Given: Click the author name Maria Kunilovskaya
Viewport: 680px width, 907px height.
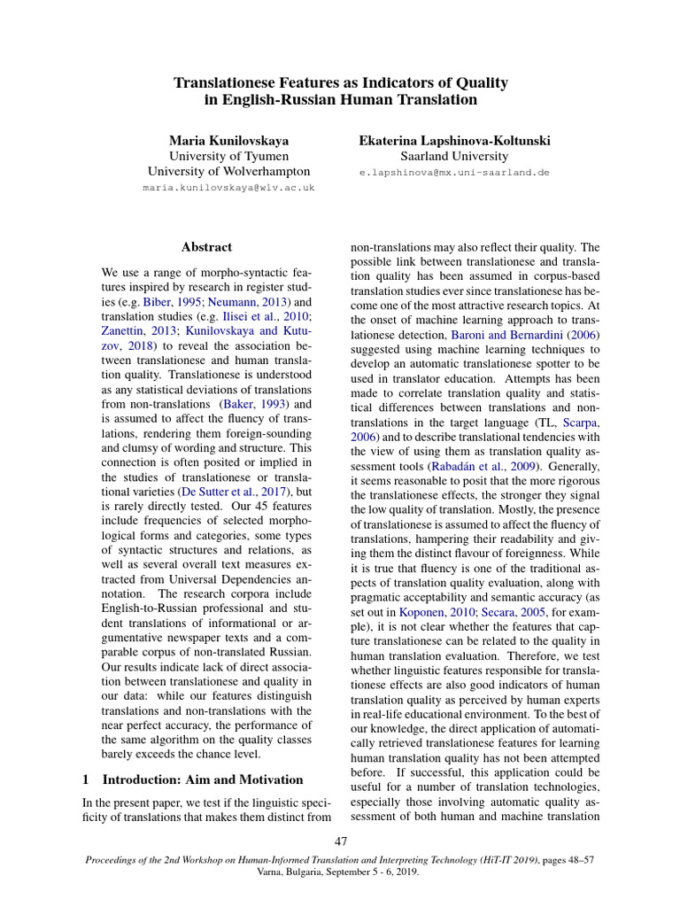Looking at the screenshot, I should [x=228, y=140].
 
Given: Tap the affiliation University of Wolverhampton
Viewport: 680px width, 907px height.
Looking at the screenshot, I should [x=228, y=171].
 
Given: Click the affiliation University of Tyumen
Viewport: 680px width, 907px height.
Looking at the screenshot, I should [x=228, y=156].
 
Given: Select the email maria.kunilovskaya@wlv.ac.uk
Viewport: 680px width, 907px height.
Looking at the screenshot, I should [x=228, y=188].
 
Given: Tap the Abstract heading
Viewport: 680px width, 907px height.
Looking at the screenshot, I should [x=206, y=247].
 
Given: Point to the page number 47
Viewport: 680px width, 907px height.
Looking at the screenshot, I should [x=340, y=840].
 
